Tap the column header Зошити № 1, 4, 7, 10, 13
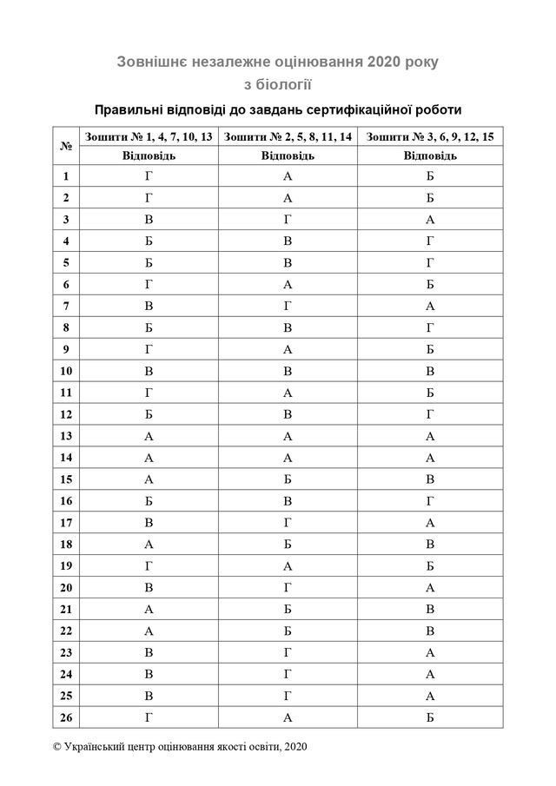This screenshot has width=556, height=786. click(147, 136)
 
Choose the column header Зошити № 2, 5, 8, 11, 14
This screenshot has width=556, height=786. click(288, 136)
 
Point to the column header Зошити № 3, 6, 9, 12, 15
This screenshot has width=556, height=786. click(430, 136)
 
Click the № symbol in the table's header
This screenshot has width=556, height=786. click(66, 146)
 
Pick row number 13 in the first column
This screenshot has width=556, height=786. click(66, 436)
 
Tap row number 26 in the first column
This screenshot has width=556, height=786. click(66, 717)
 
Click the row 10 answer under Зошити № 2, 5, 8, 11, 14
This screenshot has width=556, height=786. click(288, 371)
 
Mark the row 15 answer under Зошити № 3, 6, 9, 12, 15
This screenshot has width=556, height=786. click(430, 479)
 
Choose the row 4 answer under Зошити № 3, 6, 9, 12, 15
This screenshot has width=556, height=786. click(430, 241)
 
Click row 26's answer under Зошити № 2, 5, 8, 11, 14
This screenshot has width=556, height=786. click(288, 717)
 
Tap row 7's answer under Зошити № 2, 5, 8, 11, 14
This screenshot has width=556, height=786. click(288, 307)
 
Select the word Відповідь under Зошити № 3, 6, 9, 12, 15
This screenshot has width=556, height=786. click(430, 155)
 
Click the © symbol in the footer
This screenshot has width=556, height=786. click(57, 746)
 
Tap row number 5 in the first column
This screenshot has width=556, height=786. click(66, 263)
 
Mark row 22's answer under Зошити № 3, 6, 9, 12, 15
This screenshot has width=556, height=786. click(430, 631)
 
